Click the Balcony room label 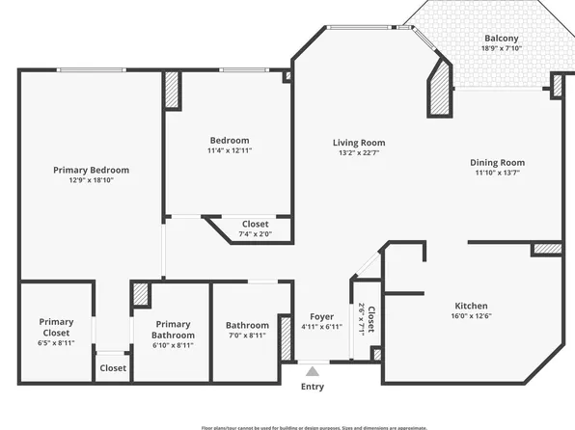pos(501,39)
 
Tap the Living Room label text pos(358,142)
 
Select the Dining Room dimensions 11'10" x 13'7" pos(499,174)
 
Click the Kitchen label pos(471,306)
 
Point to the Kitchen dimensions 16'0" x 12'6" pos(471,316)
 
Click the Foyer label pos(321,316)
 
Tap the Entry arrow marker pos(312,369)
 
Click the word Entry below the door pos(312,387)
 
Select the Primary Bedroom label pos(91,170)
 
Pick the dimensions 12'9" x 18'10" pos(91,180)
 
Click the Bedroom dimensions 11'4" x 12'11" pos(229,150)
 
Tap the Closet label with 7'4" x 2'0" pos(255,224)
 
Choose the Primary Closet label pos(56,328)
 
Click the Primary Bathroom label pos(173,330)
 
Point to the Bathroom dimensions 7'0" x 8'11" pos(247,336)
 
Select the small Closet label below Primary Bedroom pos(113,367)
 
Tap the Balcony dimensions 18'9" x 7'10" pos(501,49)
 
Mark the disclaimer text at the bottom pos(314,426)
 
